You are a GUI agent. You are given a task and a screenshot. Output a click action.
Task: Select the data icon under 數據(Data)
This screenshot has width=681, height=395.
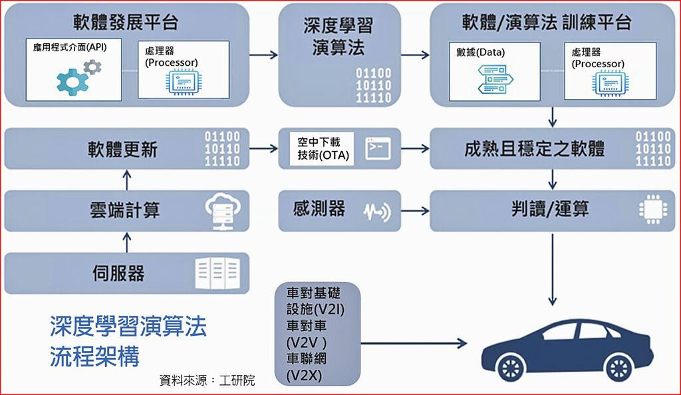point(493,79)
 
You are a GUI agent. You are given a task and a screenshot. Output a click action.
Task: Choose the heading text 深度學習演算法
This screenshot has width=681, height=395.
point(342,37)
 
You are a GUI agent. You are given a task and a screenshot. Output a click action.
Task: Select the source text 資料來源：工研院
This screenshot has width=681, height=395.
point(207,380)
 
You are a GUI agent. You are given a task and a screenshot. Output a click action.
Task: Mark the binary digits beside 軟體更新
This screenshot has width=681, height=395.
point(223,148)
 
